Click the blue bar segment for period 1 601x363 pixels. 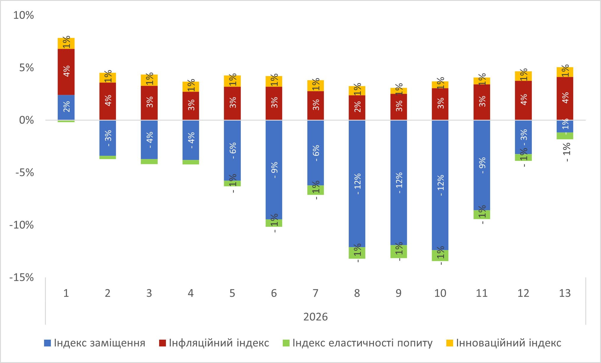(66, 107)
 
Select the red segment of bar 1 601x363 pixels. (66, 72)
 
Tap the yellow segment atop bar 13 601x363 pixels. (565, 72)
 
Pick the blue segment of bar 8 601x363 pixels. (357, 183)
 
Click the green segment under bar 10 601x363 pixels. (440, 255)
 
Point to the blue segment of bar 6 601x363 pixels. (274, 170)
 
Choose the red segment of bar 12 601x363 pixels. (523, 100)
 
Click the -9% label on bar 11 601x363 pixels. (482, 165)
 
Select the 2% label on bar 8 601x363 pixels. (357, 107)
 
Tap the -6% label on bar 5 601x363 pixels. (233, 150)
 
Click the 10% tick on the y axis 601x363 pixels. (23, 15)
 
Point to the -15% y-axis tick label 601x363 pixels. (22, 278)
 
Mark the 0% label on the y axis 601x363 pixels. (26, 120)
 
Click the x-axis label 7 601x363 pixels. (316, 293)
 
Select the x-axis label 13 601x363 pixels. (565, 293)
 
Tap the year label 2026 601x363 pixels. (316, 317)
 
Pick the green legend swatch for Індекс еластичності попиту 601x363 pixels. (286, 343)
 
